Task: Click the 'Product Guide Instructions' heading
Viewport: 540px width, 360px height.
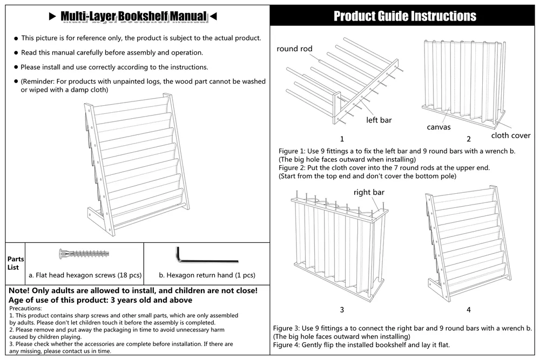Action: pyautogui.click(x=404, y=16)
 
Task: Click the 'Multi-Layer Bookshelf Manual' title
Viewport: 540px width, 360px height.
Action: pyautogui.click(x=133, y=17)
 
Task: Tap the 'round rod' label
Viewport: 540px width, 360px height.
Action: pyautogui.click(x=294, y=49)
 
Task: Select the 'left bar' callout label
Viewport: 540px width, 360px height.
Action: pyautogui.click(x=379, y=120)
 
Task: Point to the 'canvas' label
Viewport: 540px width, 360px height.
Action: pyautogui.click(x=438, y=127)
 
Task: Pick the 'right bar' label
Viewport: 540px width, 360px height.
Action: pyautogui.click(x=369, y=192)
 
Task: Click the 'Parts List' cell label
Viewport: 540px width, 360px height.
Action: pyautogui.click(x=15, y=263)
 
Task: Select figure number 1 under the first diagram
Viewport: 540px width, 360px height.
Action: pyautogui.click(x=342, y=139)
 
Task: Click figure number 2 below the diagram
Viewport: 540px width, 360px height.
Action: pyautogui.click(x=469, y=139)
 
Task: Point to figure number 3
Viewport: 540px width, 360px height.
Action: pyautogui.click(x=342, y=310)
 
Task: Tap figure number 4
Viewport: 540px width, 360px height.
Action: pyautogui.click(x=469, y=310)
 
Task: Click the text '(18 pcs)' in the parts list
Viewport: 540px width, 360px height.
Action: pyautogui.click(x=129, y=275)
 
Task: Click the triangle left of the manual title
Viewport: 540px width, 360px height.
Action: pyautogui.click(x=52, y=17)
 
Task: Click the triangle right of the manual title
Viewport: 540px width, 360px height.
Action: pyautogui.click(x=213, y=17)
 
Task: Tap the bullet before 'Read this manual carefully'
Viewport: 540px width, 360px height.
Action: pyautogui.click(x=16, y=53)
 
